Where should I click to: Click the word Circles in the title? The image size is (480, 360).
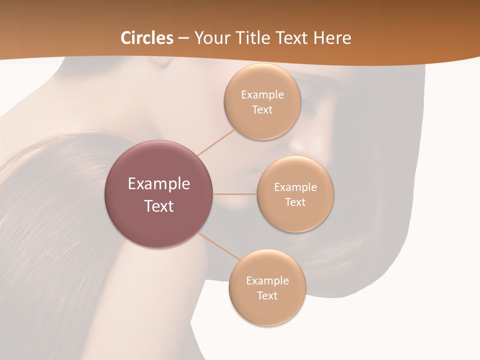[146, 38]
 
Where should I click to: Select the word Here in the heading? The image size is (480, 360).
[332, 38]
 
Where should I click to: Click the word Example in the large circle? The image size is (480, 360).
[158, 184]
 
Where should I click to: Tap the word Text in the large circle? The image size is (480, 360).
[158, 206]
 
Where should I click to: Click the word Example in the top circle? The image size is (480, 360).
[262, 95]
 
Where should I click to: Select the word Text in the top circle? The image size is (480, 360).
[262, 110]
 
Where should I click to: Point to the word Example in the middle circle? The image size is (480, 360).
[295, 187]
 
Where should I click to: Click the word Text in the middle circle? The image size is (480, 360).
[295, 202]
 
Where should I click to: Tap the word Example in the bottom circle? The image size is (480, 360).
[267, 281]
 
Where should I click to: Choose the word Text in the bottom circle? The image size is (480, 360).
[267, 296]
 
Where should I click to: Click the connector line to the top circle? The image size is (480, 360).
[216, 142]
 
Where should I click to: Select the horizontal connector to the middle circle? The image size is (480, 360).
[235, 193]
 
